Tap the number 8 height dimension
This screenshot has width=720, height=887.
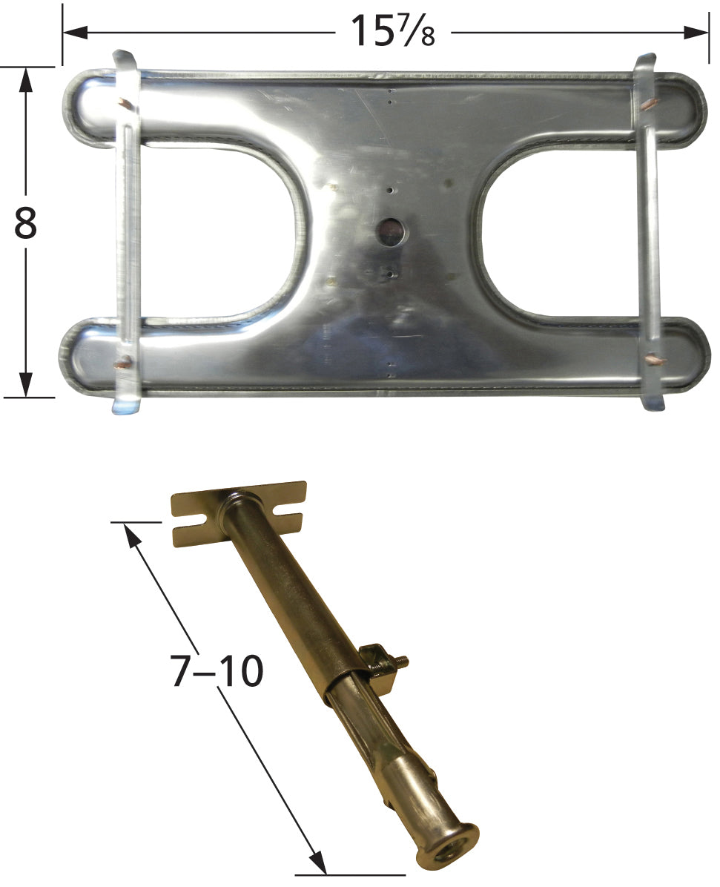pos(25,223)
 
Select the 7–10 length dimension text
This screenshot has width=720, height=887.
pos(217,670)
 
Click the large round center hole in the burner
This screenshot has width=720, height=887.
pos(391,232)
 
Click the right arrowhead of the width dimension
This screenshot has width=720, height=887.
pos(696,32)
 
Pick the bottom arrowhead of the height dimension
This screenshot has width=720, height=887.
pos(25,385)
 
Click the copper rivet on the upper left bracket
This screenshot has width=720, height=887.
pos(125,103)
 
